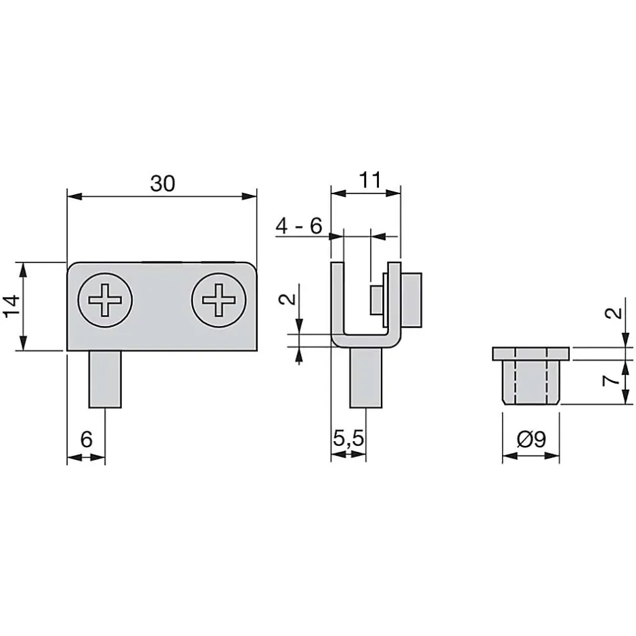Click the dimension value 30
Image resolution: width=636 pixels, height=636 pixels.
click(x=162, y=183)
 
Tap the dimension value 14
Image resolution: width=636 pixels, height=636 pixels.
click(x=12, y=306)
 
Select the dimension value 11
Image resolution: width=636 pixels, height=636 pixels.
click(x=370, y=180)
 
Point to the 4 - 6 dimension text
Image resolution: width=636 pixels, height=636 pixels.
click(x=299, y=225)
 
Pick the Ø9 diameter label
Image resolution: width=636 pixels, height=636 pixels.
click(x=531, y=439)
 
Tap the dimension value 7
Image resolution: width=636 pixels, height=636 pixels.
click(x=611, y=381)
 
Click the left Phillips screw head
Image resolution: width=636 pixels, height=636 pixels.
click(x=105, y=300)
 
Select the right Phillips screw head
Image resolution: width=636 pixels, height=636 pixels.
click(x=219, y=300)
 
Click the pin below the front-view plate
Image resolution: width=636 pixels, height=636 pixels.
click(x=105, y=380)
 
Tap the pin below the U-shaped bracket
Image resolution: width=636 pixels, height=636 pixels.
click(x=366, y=378)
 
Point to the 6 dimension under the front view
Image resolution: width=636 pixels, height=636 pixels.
click(x=87, y=439)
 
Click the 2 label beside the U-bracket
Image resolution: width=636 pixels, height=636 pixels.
click(x=288, y=299)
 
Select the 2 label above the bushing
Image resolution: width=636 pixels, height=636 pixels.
click(x=614, y=313)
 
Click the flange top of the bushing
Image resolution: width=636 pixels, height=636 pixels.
click(x=531, y=354)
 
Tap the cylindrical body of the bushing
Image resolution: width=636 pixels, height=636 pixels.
click(x=531, y=382)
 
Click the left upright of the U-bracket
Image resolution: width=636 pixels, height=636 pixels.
click(x=338, y=300)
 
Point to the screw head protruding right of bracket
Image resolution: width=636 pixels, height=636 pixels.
click(x=411, y=300)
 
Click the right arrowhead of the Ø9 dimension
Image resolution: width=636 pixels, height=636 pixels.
click(x=552, y=456)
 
